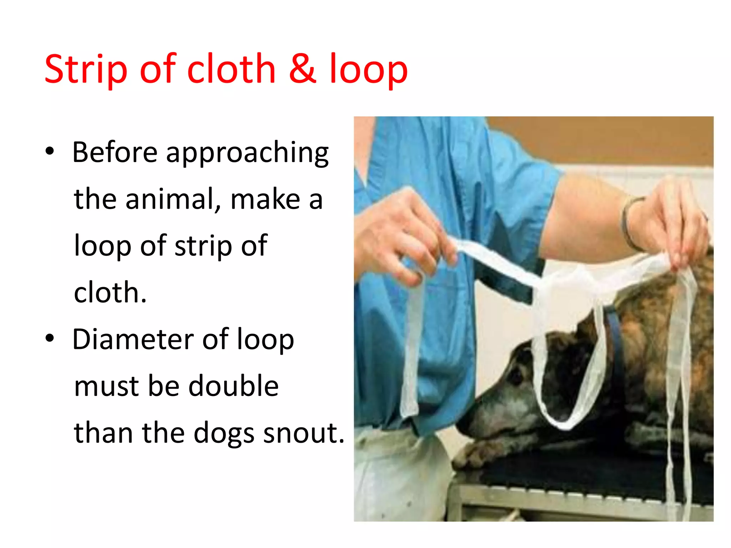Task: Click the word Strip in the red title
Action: tap(86, 70)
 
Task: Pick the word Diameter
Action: tap(133, 339)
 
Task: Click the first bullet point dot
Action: tap(50, 151)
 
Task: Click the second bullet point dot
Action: tap(50, 338)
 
